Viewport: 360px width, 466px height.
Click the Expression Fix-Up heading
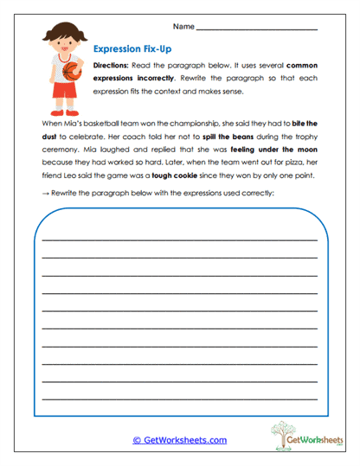(133, 50)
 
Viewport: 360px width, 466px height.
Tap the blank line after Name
(257, 29)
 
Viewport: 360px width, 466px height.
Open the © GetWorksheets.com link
(180, 440)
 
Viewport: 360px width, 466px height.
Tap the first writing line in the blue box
(180, 238)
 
